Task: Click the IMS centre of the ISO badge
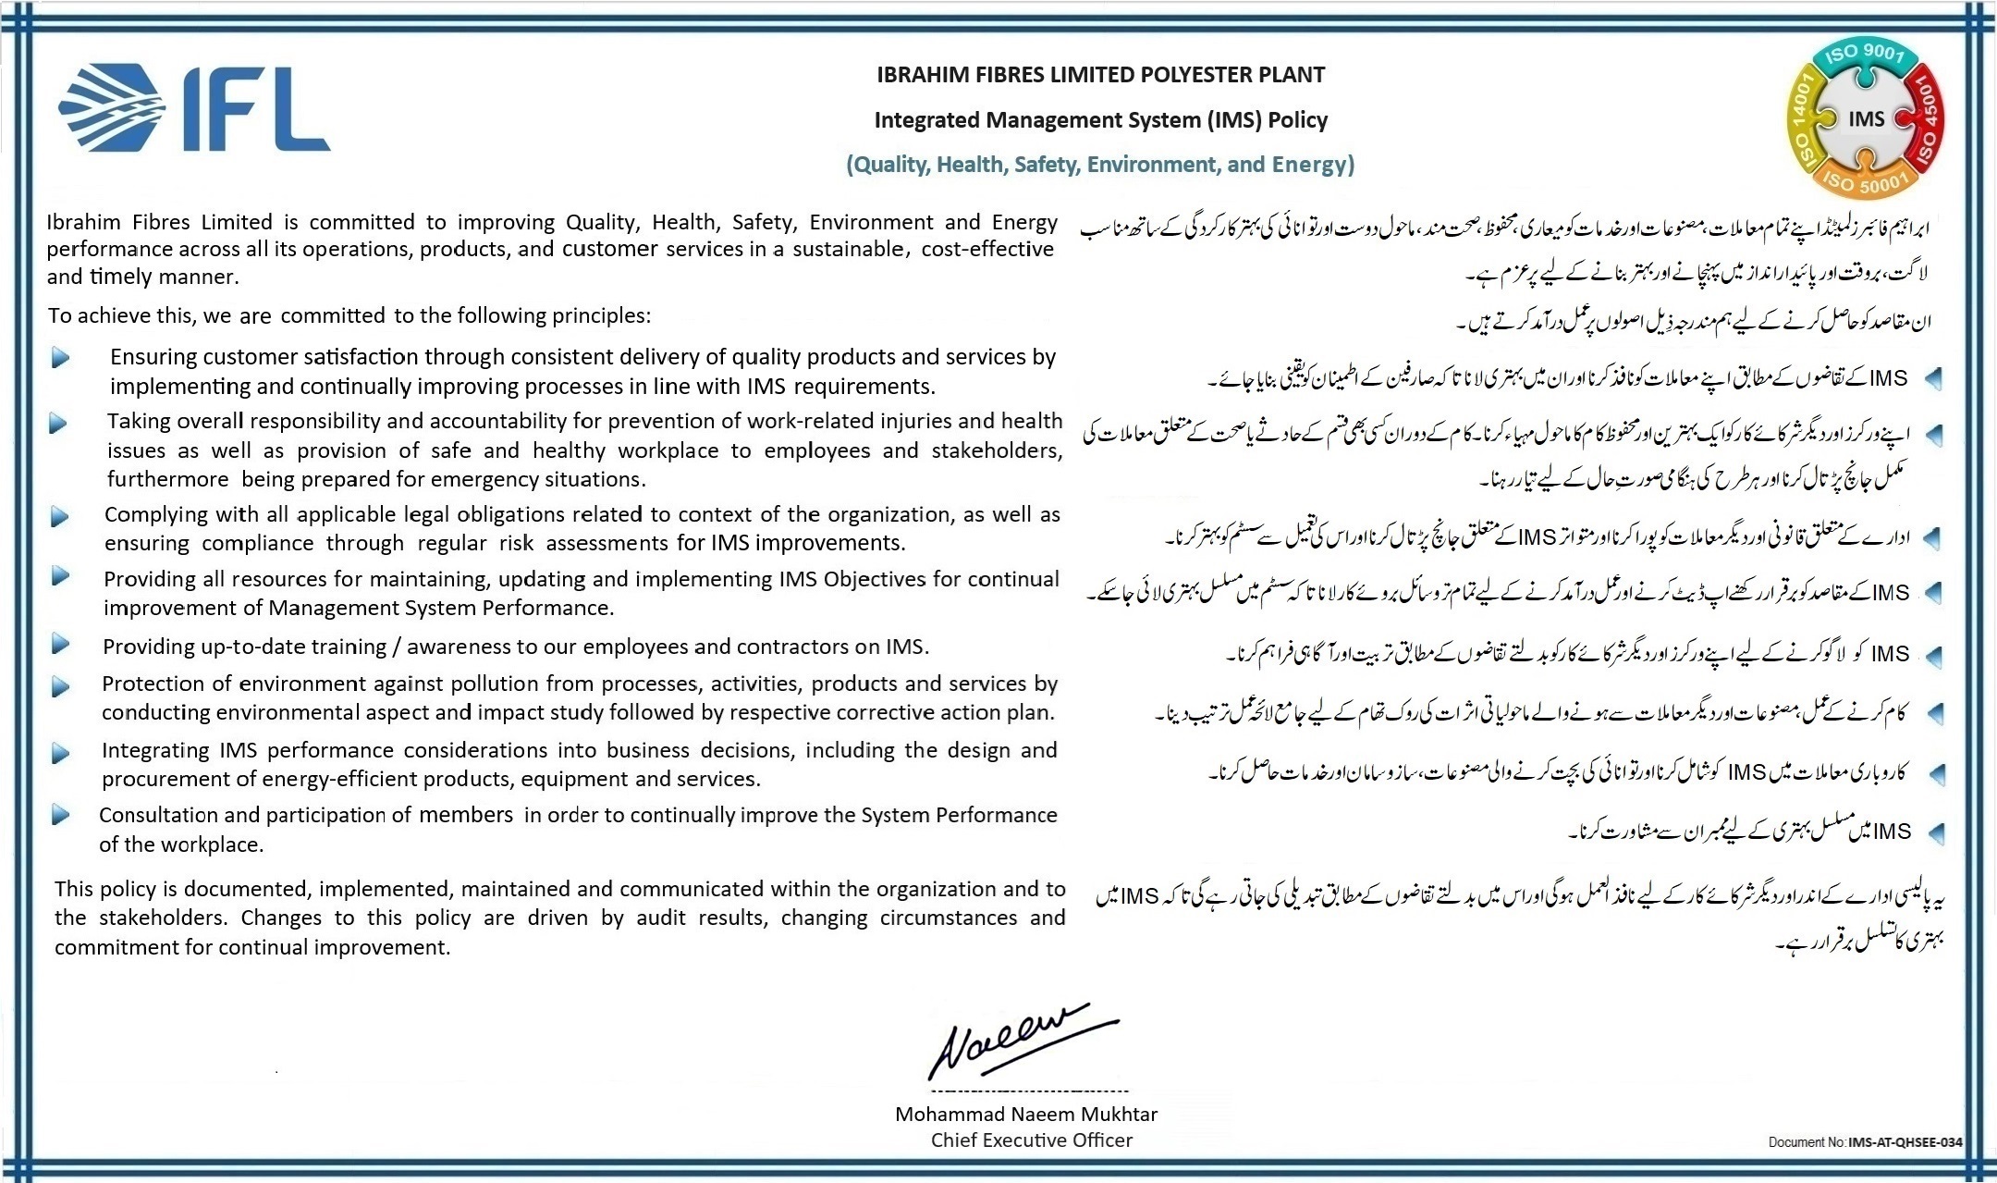click(1867, 119)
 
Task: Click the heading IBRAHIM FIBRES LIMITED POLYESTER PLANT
click(1100, 75)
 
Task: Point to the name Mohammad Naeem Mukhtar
click(1025, 1114)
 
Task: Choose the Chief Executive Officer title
click(1031, 1140)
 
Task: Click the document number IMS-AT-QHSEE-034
click(1905, 1142)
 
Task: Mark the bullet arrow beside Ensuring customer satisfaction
click(60, 357)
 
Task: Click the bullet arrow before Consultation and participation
click(60, 815)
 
